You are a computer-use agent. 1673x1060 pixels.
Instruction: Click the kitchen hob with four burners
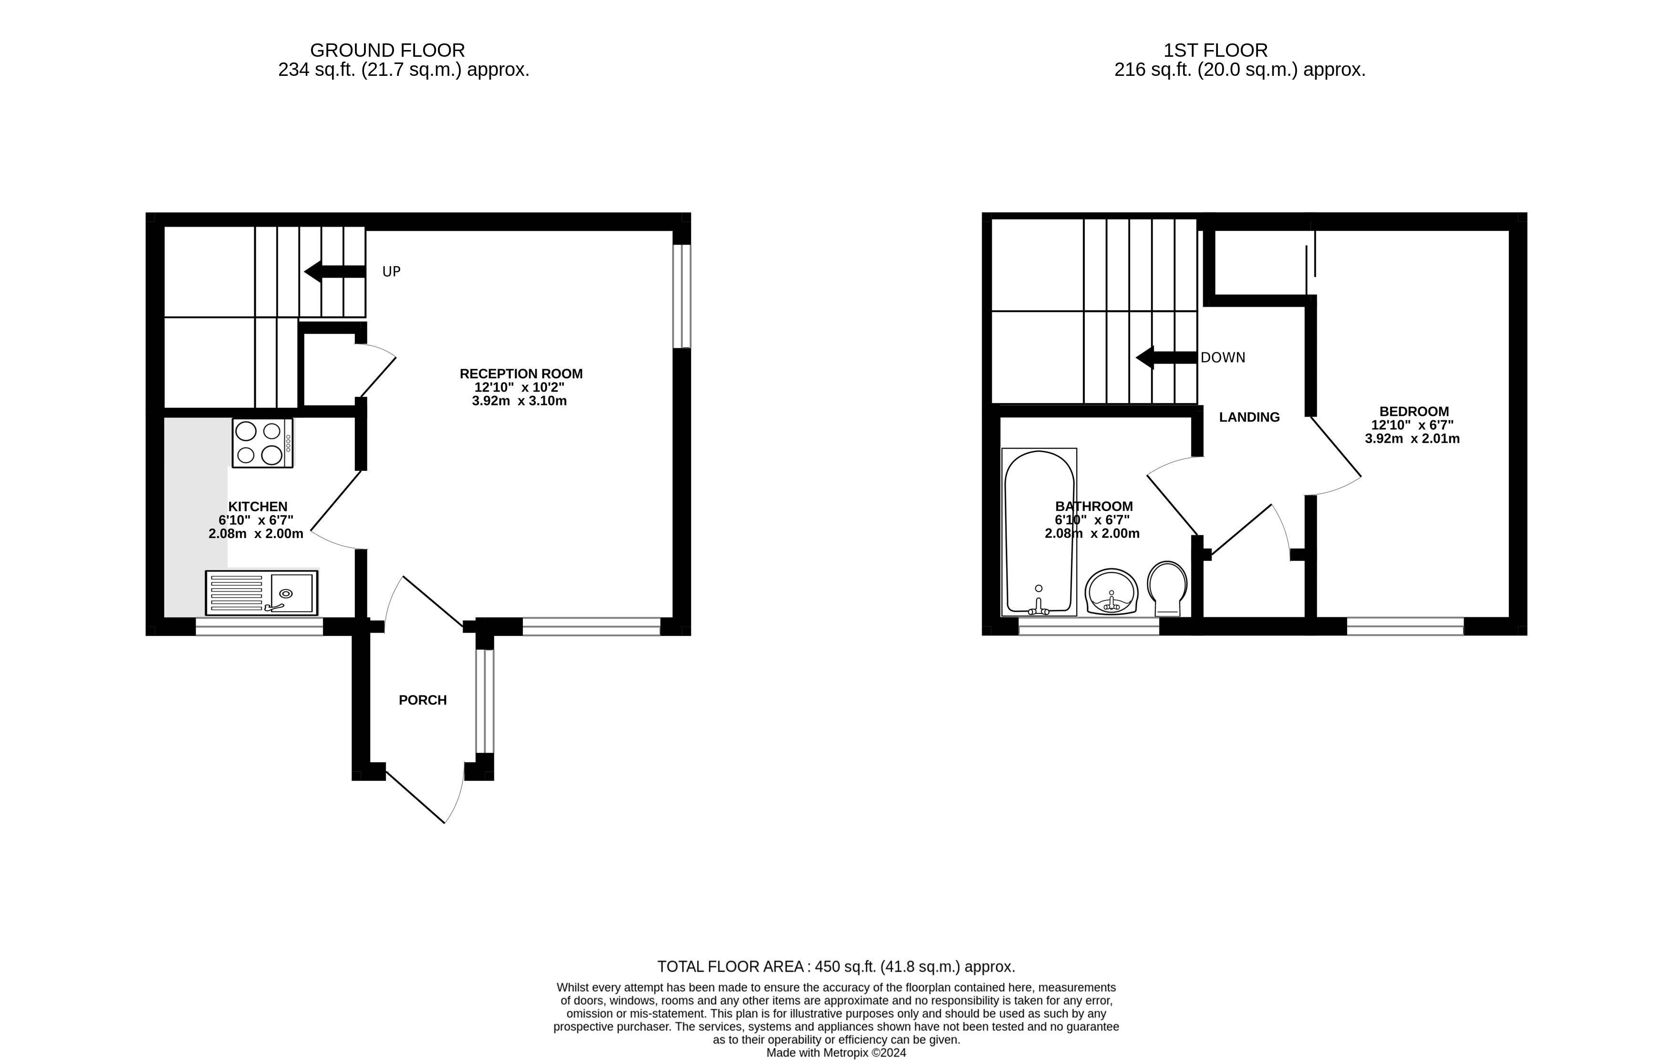pyautogui.click(x=262, y=443)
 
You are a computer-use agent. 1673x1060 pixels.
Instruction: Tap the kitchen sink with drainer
pyautogui.click(x=261, y=592)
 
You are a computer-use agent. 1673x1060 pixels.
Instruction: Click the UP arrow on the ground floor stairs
pyautogui.click(x=335, y=271)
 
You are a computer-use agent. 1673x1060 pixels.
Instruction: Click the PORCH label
pyautogui.click(x=422, y=700)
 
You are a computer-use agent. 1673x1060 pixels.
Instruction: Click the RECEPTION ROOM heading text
pyautogui.click(x=521, y=374)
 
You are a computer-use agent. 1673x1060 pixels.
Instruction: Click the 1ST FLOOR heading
pyautogui.click(x=1215, y=50)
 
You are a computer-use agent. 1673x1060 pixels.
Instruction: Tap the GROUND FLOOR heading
pyautogui.click(x=387, y=50)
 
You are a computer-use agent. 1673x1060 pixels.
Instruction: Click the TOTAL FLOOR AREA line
pyautogui.click(x=836, y=966)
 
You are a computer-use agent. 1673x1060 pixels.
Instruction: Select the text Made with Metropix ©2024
pyautogui.click(x=836, y=1052)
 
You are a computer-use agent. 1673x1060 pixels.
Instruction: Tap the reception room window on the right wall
pyautogui.click(x=682, y=296)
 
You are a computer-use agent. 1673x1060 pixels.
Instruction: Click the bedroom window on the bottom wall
pyautogui.click(x=1405, y=626)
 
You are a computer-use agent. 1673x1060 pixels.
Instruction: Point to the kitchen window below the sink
pyautogui.click(x=259, y=626)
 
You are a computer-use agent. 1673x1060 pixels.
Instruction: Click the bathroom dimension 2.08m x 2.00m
pyautogui.click(x=1091, y=533)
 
